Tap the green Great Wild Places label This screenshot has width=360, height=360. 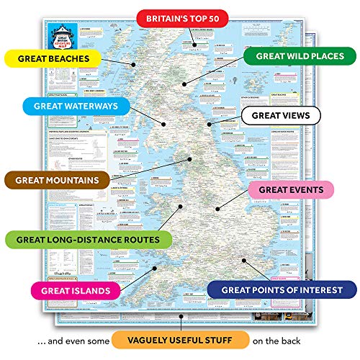click(x=299, y=58)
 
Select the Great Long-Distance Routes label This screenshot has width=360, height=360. click(x=88, y=239)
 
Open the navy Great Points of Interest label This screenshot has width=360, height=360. click(x=282, y=290)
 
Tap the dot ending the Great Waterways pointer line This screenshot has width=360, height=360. click(x=166, y=123)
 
